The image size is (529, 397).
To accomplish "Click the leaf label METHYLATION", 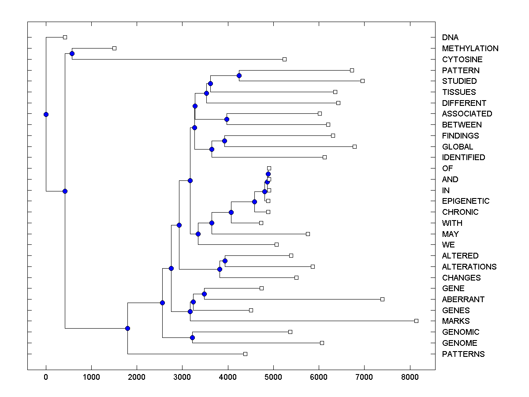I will (x=470, y=49).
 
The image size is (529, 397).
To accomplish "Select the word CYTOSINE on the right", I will (x=462, y=60).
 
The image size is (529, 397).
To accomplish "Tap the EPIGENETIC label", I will (x=466, y=201).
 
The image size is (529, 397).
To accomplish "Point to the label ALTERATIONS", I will (x=469, y=267).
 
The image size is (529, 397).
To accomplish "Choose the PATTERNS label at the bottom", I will (x=463, y=354).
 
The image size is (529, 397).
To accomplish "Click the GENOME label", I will (x=459, y=343).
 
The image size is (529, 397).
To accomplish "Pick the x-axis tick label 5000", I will (x=273, y=377).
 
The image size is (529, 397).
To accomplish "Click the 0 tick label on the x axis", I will (x=46, y=377).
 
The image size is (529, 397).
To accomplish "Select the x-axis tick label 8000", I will (x=410, y=377).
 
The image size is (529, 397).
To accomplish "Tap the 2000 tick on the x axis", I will (x=137, y=377).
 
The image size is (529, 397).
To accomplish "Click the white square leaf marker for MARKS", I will (x=416, y=321).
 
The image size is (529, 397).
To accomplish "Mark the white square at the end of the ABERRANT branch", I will (x=382, y=299).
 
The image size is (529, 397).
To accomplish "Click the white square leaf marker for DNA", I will (x=65, y=37).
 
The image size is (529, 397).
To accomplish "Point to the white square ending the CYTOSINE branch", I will (x=284, y=59).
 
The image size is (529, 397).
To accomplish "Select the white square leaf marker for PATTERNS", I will (x=245, y=354).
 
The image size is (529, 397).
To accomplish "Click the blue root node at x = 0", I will (x=46, y=114).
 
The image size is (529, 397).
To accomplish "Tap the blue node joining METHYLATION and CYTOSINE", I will (x=72, y=53).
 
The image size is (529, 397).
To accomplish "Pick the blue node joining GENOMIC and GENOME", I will (x=192, y=337).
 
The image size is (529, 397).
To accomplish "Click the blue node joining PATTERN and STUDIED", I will (x=239, y=75).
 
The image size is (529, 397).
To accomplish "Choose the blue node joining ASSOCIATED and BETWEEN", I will (x=227, y=119).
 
